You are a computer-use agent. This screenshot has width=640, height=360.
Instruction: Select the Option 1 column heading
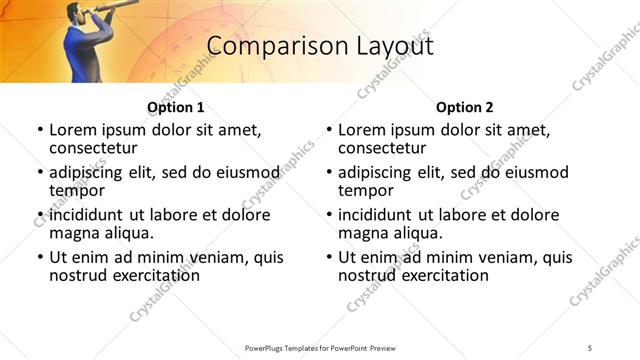pos(175,107)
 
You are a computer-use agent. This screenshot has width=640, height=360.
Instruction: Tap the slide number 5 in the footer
pos(590,346)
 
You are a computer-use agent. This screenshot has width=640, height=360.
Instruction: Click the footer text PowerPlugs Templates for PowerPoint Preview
pos(320,346)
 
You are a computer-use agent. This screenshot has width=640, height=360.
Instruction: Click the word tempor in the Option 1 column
pos(75,190)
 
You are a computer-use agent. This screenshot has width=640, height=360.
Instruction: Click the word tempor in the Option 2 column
pos(364,190)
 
